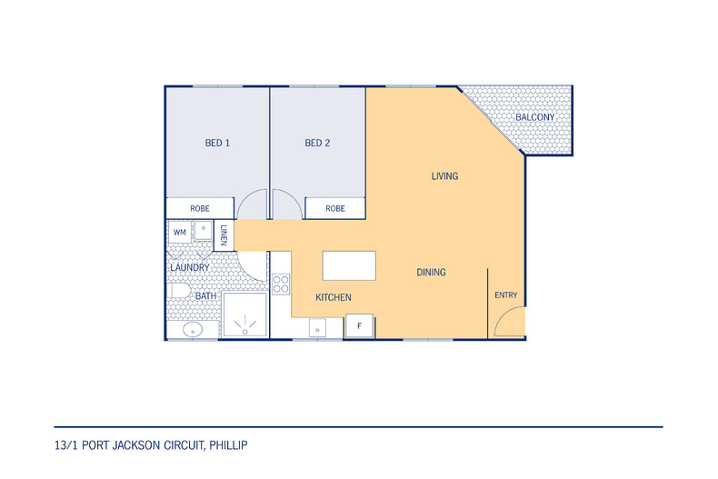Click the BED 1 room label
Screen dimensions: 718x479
pos(217,143)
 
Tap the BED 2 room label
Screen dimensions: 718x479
pos(317,143)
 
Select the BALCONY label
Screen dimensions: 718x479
pos(534,117)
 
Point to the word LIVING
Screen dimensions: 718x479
pos(444,175)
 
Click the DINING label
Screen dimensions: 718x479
pos(431,272)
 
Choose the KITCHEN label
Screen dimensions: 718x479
pos(334,297)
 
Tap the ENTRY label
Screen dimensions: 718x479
pos(506,295)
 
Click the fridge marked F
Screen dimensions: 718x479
pos(360,326)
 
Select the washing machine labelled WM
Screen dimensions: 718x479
pos(180,233)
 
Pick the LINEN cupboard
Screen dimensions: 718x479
pos(224,235)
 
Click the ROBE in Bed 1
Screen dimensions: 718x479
pos(200,208)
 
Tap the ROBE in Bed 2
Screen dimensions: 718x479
pos(335,208)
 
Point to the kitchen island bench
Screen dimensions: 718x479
pos(349,265)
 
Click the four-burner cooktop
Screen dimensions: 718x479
pos(281,284)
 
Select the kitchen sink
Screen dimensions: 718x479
pos(317,328)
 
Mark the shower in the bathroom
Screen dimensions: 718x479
pos(244,315)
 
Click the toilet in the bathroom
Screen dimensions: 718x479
pos(178,290)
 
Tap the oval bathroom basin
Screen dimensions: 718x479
pos(193,329)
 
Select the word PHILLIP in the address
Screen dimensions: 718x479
pos(228,445)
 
